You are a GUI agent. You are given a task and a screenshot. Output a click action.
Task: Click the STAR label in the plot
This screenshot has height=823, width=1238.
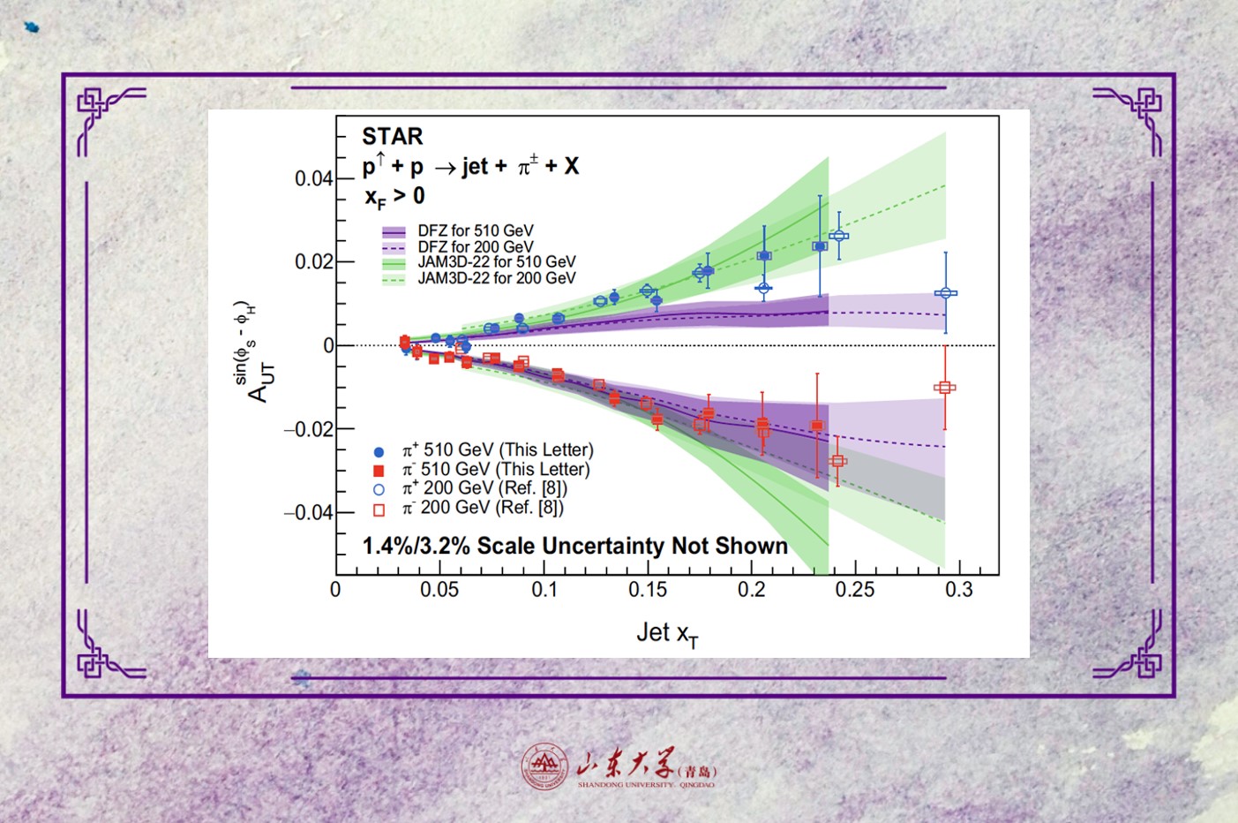click(x=393, y=136)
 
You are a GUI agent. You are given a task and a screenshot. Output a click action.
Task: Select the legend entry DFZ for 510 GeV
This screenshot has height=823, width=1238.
click(x=475, y=231)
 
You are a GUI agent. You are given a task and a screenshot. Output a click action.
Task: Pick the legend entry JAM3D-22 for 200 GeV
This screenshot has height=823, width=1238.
click(x=496, y=278)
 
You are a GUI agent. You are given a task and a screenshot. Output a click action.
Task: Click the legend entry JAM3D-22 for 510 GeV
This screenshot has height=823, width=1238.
click(x=496, y=262)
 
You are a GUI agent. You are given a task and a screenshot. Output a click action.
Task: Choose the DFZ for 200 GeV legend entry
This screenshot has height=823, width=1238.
click(x=475, y=247)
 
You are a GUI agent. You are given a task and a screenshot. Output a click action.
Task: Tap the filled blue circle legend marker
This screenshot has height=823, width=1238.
click(x=379, y=451)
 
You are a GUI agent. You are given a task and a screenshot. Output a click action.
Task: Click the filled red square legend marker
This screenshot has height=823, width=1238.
click(x=379, y=471)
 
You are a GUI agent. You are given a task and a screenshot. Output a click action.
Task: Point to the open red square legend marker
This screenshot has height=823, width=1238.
click(x=379, y=510)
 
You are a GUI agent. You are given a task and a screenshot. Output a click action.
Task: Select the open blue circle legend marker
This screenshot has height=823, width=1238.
click(x=379, y=489)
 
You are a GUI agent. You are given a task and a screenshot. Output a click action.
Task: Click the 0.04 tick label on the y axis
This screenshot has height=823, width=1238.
click(x=313, y=178)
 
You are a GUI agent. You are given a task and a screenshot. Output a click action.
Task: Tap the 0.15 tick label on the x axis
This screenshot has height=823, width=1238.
click(x=648, y=590)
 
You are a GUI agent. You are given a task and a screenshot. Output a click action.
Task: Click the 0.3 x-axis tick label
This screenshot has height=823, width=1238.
click(x=958, y=590)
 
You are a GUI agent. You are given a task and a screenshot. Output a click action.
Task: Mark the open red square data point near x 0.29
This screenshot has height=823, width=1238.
click(x=945, y=387)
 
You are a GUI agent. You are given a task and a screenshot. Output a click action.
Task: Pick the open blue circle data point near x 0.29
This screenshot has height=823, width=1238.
click(x=946, y=293)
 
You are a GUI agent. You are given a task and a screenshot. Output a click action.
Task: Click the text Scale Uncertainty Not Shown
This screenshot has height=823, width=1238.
click(x=632, y=546)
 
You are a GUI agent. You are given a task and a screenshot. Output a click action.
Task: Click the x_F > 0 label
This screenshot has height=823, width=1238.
click(x=394, y=196)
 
